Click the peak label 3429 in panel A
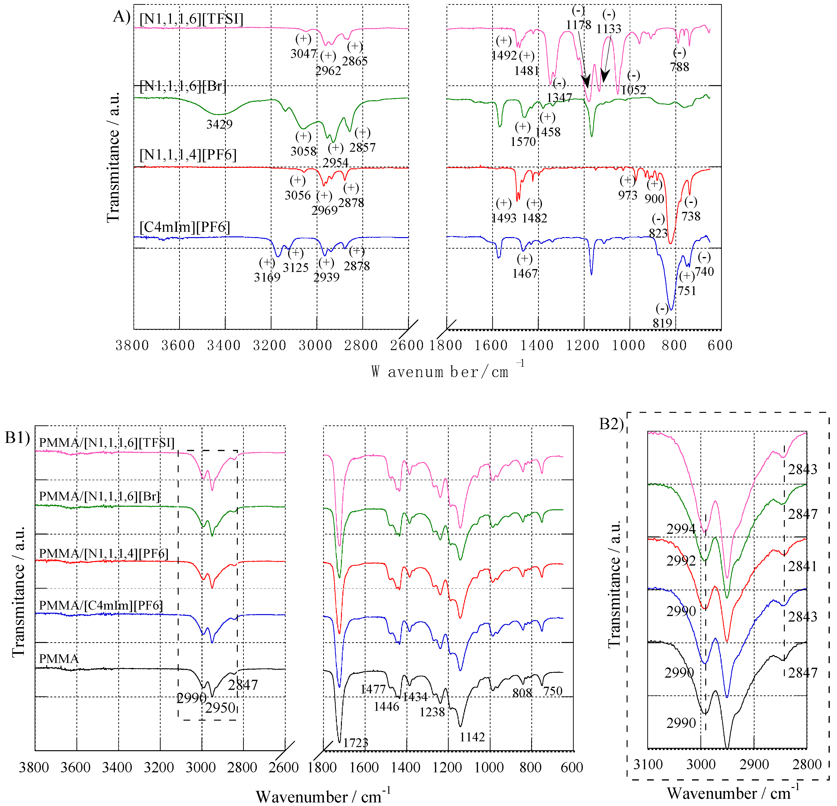pyautogui.click(x=220, y=124)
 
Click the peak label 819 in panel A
pyautogui.click(x=662, y=323)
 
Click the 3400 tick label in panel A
pyautogui.click(x=224, y=345)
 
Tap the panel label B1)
pyautogui.click(x=17, y=438)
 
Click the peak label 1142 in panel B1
pyautogui.click(x=472, y=737)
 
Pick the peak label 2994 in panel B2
pyautogui.click(x=681, y=529)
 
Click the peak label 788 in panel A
pyautogui.click(x=680, y=67)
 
